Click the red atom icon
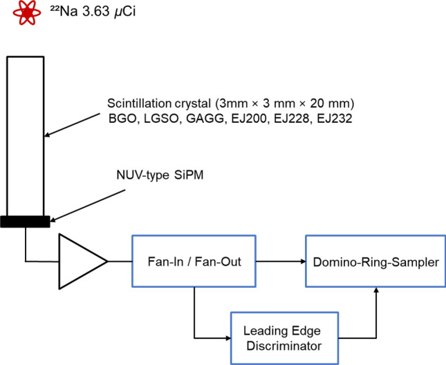(x=27, y=12)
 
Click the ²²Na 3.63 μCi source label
(x=93, y=12)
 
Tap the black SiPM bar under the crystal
(x=25, y=221)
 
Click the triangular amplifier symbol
(x=83, y=262)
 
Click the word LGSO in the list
(x=161, y=119)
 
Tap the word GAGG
(x=205, y=119)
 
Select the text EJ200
(x=249, y=119)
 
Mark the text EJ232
(x=335, y=119)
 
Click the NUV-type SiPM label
(x=160, y=175)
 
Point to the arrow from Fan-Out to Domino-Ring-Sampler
(x=281, y=261)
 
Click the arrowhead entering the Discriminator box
(x=227, y=338)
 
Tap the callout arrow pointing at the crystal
(x=73, y=125)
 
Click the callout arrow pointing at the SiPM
(x=88, y=206)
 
